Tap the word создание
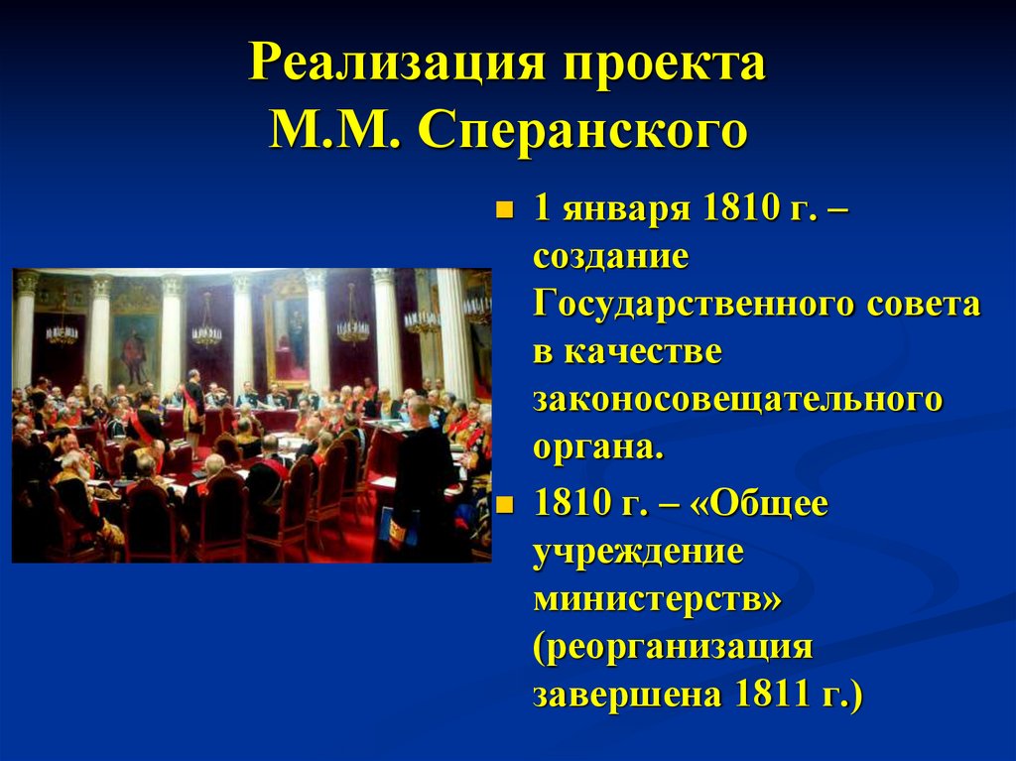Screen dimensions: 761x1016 pyautogui.click(x=610, y=257)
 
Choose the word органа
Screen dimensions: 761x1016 pyautogui.click(x=597, y=448)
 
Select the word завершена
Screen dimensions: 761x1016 pyautogui.click(x=627, y=695)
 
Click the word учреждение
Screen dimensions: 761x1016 pyautogui.click(x=638, y=553)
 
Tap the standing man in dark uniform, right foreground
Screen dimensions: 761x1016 pyautogui.click(x=422, y=476)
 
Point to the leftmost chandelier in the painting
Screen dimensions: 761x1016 pyautogui.click(x=62, y=330)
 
